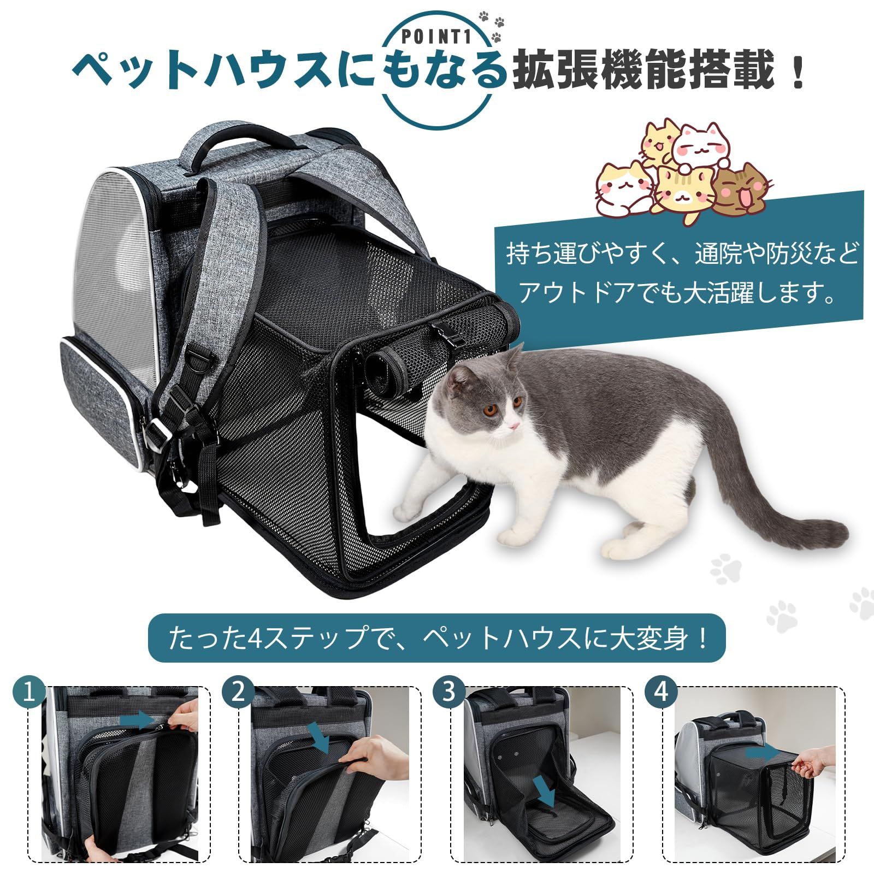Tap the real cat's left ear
[459, 377]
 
